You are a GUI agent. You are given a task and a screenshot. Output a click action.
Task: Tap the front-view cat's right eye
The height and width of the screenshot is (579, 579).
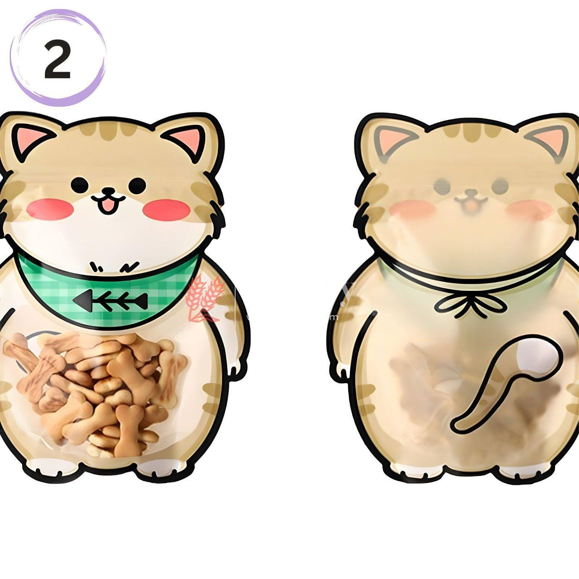tap(139, 184)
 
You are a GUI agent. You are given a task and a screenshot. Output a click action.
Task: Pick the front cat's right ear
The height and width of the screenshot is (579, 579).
tap(188, 138)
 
